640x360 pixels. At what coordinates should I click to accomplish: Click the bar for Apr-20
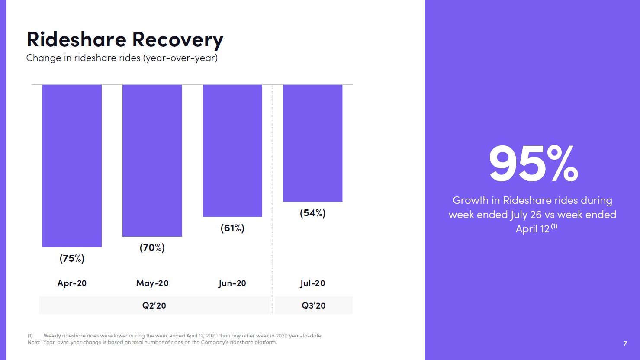[72, 166]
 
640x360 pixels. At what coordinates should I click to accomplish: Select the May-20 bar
[152, 161]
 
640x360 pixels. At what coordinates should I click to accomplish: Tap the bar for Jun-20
[232, 151]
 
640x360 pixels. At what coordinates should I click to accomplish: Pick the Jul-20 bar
[312, 143]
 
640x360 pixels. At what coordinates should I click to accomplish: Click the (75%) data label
[72, 258]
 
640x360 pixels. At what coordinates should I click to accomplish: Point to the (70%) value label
[152, 247]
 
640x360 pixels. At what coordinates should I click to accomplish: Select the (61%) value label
[232, 228]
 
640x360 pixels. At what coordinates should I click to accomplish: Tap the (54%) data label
[312, 213]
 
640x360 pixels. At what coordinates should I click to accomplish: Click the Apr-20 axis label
[72, 283]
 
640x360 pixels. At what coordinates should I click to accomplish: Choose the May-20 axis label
[152, 283]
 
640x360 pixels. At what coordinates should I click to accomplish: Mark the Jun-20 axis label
[232, 283]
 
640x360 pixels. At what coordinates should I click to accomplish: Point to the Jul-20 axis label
[312, 283]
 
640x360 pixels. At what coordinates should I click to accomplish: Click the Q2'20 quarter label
[154, 305]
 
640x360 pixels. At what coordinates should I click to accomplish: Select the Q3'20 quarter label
[314, 305]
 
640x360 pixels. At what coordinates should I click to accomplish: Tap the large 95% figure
[533, 164]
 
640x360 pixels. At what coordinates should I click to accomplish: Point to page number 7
[625, 344]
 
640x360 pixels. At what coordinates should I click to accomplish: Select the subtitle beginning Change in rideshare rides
[122, 58]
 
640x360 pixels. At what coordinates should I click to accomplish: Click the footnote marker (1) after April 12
[554, 226]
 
